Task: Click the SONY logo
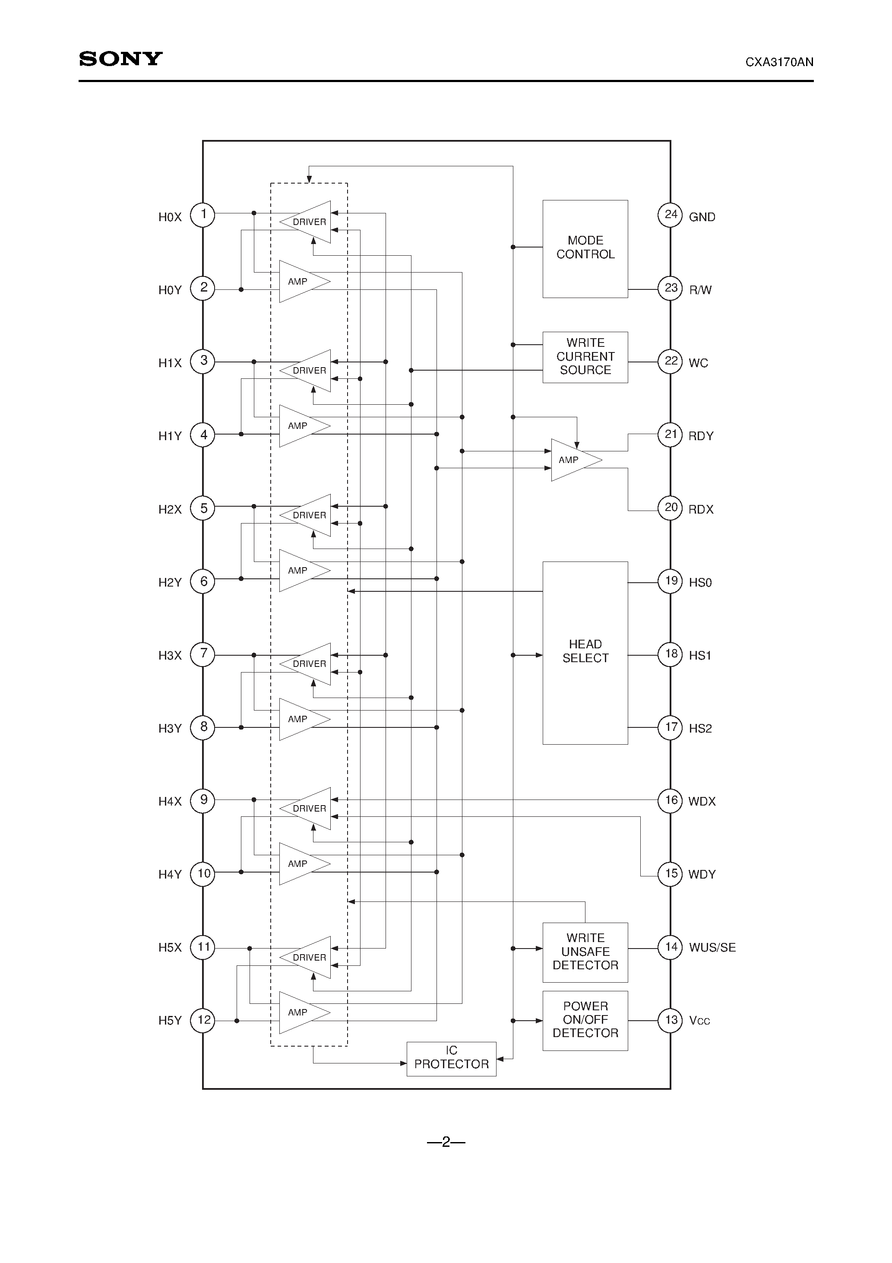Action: [x=120, y=59]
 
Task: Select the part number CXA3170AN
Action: [x=779, y=62]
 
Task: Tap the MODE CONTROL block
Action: [x=585, y=249]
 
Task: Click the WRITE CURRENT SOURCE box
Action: [x=585, y=357]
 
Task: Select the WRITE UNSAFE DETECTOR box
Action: [x=585, y=952]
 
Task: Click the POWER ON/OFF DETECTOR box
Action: [x=585, y=1020]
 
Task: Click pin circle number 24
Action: [x=671, y=215]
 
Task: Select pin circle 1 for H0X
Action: [x=203, y=215]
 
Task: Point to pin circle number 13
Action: [x=671, y=1020]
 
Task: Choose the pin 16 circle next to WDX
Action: [x=671, y=800]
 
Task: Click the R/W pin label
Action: [x=700, y=290]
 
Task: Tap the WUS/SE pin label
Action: [x=712, y=948]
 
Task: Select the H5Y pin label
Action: [x=170, y=1021]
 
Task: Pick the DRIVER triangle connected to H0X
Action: [x=307, y=222]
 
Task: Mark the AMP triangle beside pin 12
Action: [x=302, y=1013]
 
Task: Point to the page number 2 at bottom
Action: [x=446, y=1142]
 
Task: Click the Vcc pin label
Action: [x=699, y=1021]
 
